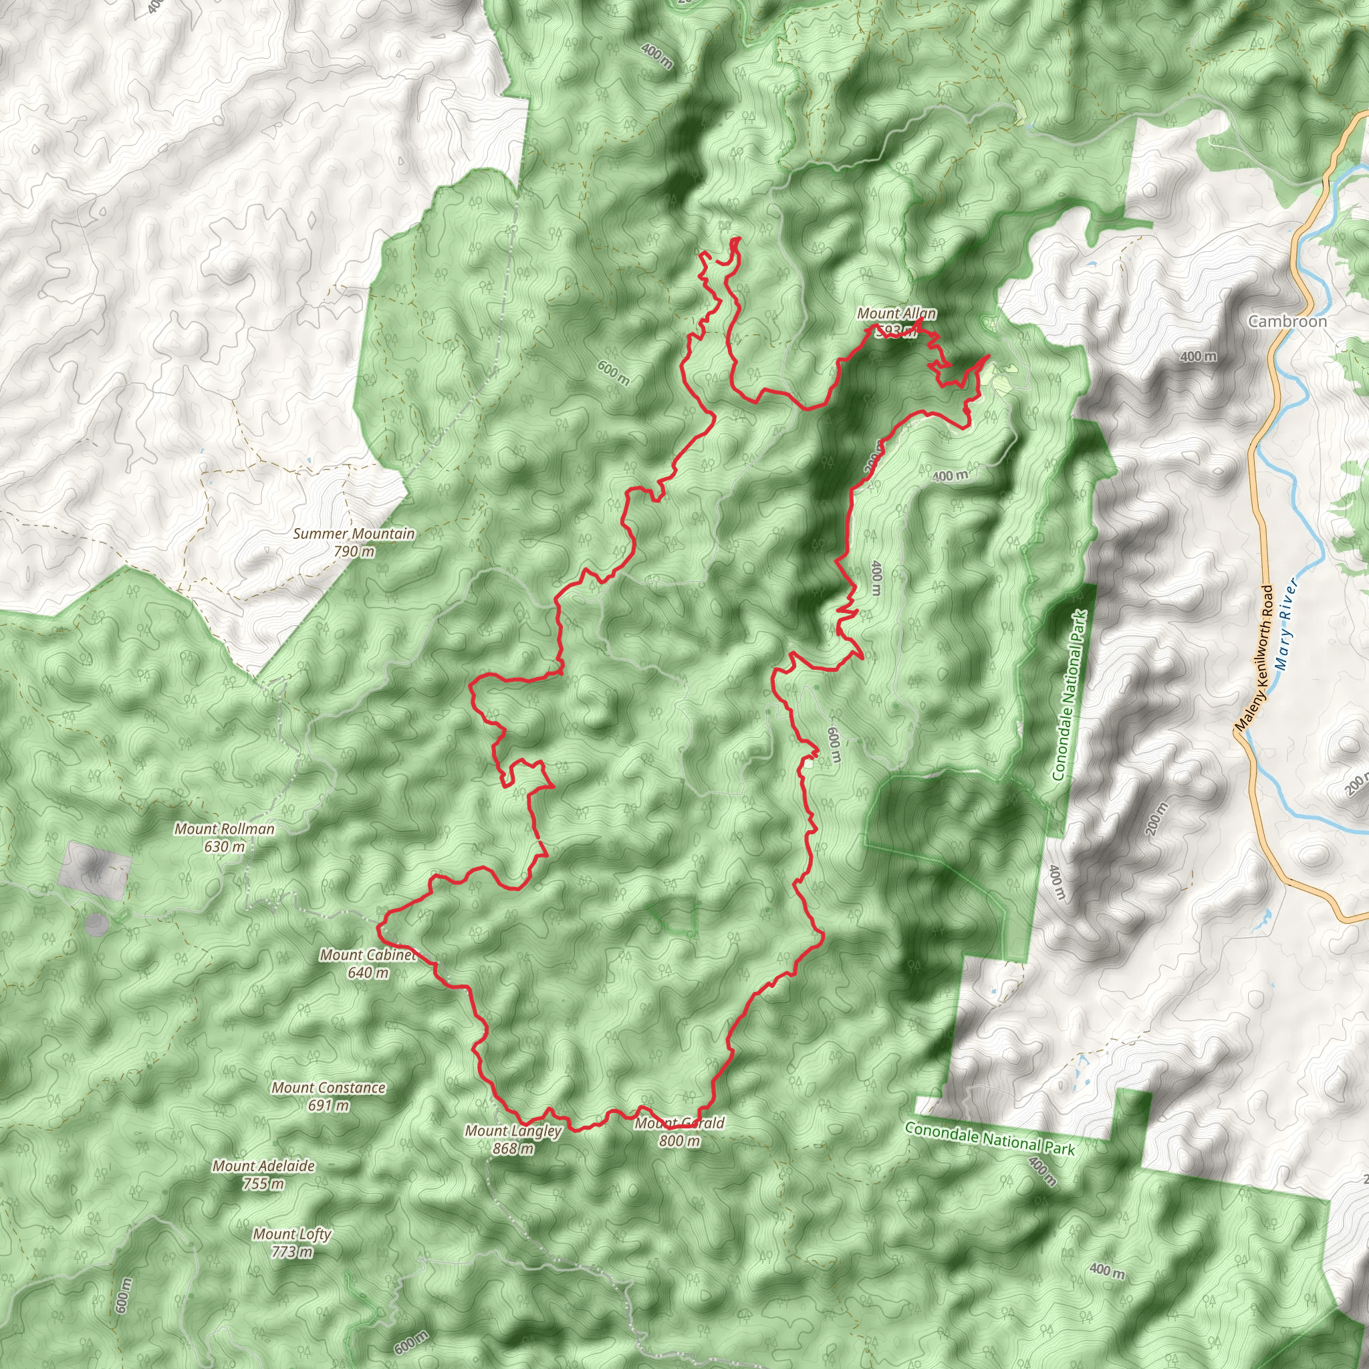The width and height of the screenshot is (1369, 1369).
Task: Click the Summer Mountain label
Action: point(354,533)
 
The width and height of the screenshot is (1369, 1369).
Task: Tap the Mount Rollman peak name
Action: point(224,828)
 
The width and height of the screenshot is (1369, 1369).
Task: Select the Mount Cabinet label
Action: point(367,955)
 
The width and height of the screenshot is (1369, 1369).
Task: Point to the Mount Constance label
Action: point(328,1088)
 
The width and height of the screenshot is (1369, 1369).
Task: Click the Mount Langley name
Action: point(513,1131)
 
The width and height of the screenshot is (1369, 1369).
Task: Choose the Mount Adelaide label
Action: point(263,1166)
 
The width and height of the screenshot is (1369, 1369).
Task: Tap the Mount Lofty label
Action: point(292,1234)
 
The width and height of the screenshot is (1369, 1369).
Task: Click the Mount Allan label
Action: point(896,314)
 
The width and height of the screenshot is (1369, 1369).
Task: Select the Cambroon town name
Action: point(1287,321)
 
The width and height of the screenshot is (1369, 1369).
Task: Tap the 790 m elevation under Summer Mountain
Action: point(354,551)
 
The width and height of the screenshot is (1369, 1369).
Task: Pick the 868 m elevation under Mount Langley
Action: point(513,1148)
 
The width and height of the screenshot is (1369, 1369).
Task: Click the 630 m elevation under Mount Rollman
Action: point(224,846)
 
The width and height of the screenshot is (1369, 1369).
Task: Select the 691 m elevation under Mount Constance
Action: point(328,1106)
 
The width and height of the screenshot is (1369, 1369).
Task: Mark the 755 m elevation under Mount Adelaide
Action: point(263,1183)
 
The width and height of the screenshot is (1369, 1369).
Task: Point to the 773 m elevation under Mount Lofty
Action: point(292,1251)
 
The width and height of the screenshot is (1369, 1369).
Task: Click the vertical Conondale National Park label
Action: point(1070,695)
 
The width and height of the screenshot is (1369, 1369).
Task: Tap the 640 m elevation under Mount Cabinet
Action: point(368,973)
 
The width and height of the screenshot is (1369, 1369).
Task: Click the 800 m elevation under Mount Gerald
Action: point(679,1141)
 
